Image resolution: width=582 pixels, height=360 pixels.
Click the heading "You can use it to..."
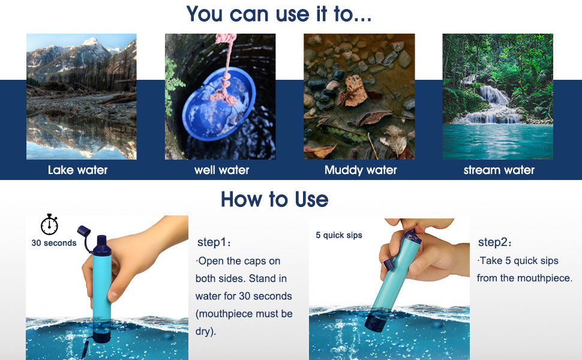279,13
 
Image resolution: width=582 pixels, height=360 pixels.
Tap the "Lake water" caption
78,170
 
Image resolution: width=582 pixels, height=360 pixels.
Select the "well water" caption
221,170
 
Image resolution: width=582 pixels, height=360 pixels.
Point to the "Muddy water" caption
361,170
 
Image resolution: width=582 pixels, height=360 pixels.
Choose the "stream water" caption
499,170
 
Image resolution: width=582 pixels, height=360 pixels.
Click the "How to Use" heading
274,199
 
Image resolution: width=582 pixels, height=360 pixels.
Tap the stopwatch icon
49,224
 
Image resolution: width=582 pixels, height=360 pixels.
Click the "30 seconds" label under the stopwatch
54,243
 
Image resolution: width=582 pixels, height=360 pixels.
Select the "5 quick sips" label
339,235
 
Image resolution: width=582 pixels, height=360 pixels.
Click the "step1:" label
214,243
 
